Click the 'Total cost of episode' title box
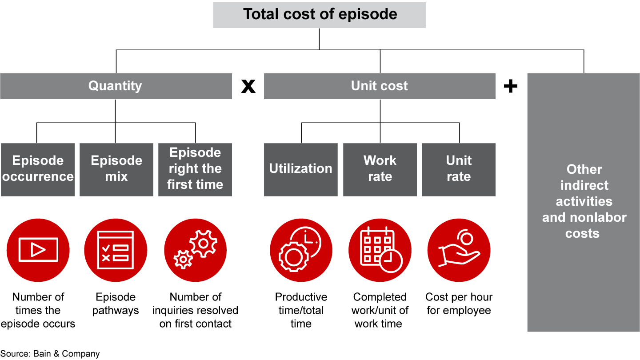pos(319,15)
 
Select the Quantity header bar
pos(116,86)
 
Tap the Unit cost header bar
pos(379,86)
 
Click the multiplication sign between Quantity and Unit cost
pos(248,86)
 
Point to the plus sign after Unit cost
pos(511,86)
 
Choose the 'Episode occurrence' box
pos(38,169)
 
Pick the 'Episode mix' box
pos(116,169)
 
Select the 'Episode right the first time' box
pos(195,169)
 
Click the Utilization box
pos(300,169)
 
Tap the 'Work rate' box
pos(380,169)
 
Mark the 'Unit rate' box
pos(458,169)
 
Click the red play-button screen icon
pos(38,250)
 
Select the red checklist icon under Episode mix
pos(116,250)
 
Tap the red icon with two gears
pos(195,250)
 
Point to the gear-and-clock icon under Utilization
pos(301,250)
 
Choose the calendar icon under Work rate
pos(380,250)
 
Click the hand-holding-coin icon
pos(459,250)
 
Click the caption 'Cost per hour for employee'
pos(459,304)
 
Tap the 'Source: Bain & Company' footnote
pos(50,354)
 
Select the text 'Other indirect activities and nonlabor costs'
pos(584,201)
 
